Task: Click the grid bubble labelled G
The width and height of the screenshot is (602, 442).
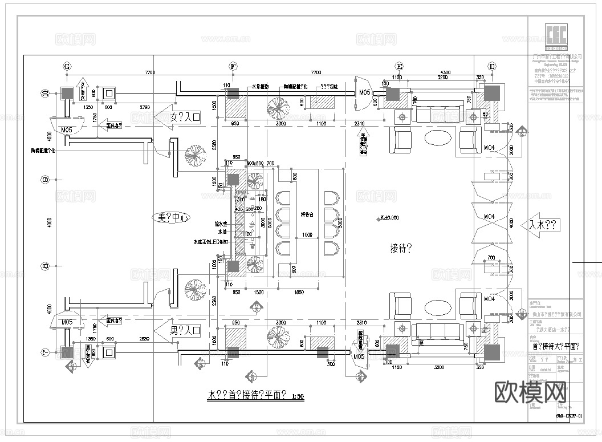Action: (x=67, y=67)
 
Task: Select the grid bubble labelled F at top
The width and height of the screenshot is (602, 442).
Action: (x=233, y=67)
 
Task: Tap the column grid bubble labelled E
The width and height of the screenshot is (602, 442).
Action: (x=398, y=67)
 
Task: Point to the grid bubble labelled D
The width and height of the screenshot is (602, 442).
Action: (x=492, y=67)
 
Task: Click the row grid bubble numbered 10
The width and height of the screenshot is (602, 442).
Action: (x=44, y=93)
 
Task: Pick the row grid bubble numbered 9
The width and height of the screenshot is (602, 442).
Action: (x=44, y=180)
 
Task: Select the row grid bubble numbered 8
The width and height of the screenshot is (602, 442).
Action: (x=44, y=266)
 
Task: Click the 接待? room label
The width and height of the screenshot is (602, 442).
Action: (x=401, y=248)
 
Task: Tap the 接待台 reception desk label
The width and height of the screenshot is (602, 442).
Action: (x=308, y=215)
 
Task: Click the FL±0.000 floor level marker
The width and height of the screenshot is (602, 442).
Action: (x=389, y=218)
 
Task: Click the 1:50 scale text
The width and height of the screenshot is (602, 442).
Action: (x=297, y=396)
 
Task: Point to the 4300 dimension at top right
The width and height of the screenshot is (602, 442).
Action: (x=445, y=72)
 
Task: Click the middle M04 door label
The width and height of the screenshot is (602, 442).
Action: (x=489, y=217)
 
